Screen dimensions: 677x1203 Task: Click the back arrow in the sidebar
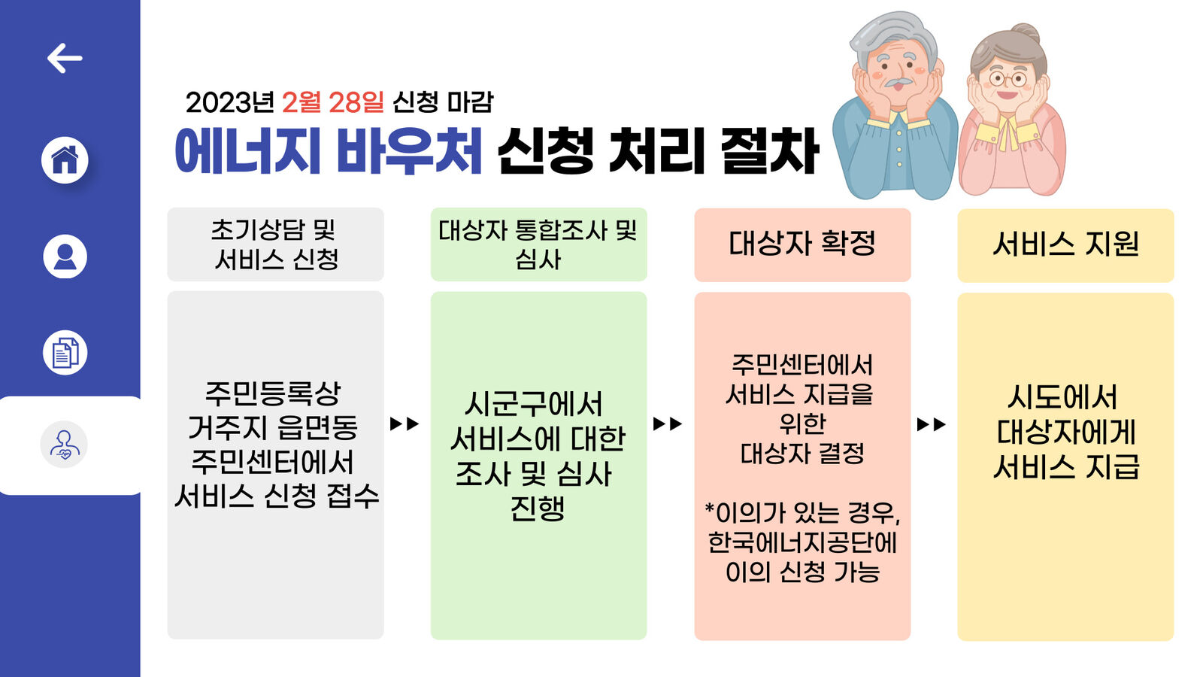click(65, 58)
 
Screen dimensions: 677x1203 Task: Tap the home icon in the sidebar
click(65, 159)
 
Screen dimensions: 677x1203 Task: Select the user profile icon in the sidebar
click(65, 256)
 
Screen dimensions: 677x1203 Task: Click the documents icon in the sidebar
click(65, 353)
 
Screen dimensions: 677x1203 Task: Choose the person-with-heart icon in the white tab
click(64, 445)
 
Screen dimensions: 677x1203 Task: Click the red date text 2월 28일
click(332, 102)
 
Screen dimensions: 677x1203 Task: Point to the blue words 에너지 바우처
click(328, 151)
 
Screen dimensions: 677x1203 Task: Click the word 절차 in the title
click(768, 151)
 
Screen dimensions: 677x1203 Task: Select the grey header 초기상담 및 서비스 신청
click(275, 244)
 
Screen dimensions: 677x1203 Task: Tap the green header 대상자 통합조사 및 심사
click(538, 244)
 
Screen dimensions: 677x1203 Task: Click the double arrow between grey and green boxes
click(405, 424)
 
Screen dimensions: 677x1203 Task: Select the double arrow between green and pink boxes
click(668, 424)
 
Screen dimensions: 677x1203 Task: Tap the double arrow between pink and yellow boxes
click(932, 425)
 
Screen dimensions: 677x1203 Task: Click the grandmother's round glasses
click(1008, 78)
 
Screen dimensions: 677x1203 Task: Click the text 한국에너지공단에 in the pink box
click(802, 542)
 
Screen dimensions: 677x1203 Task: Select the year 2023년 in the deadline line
click(229, 102)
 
